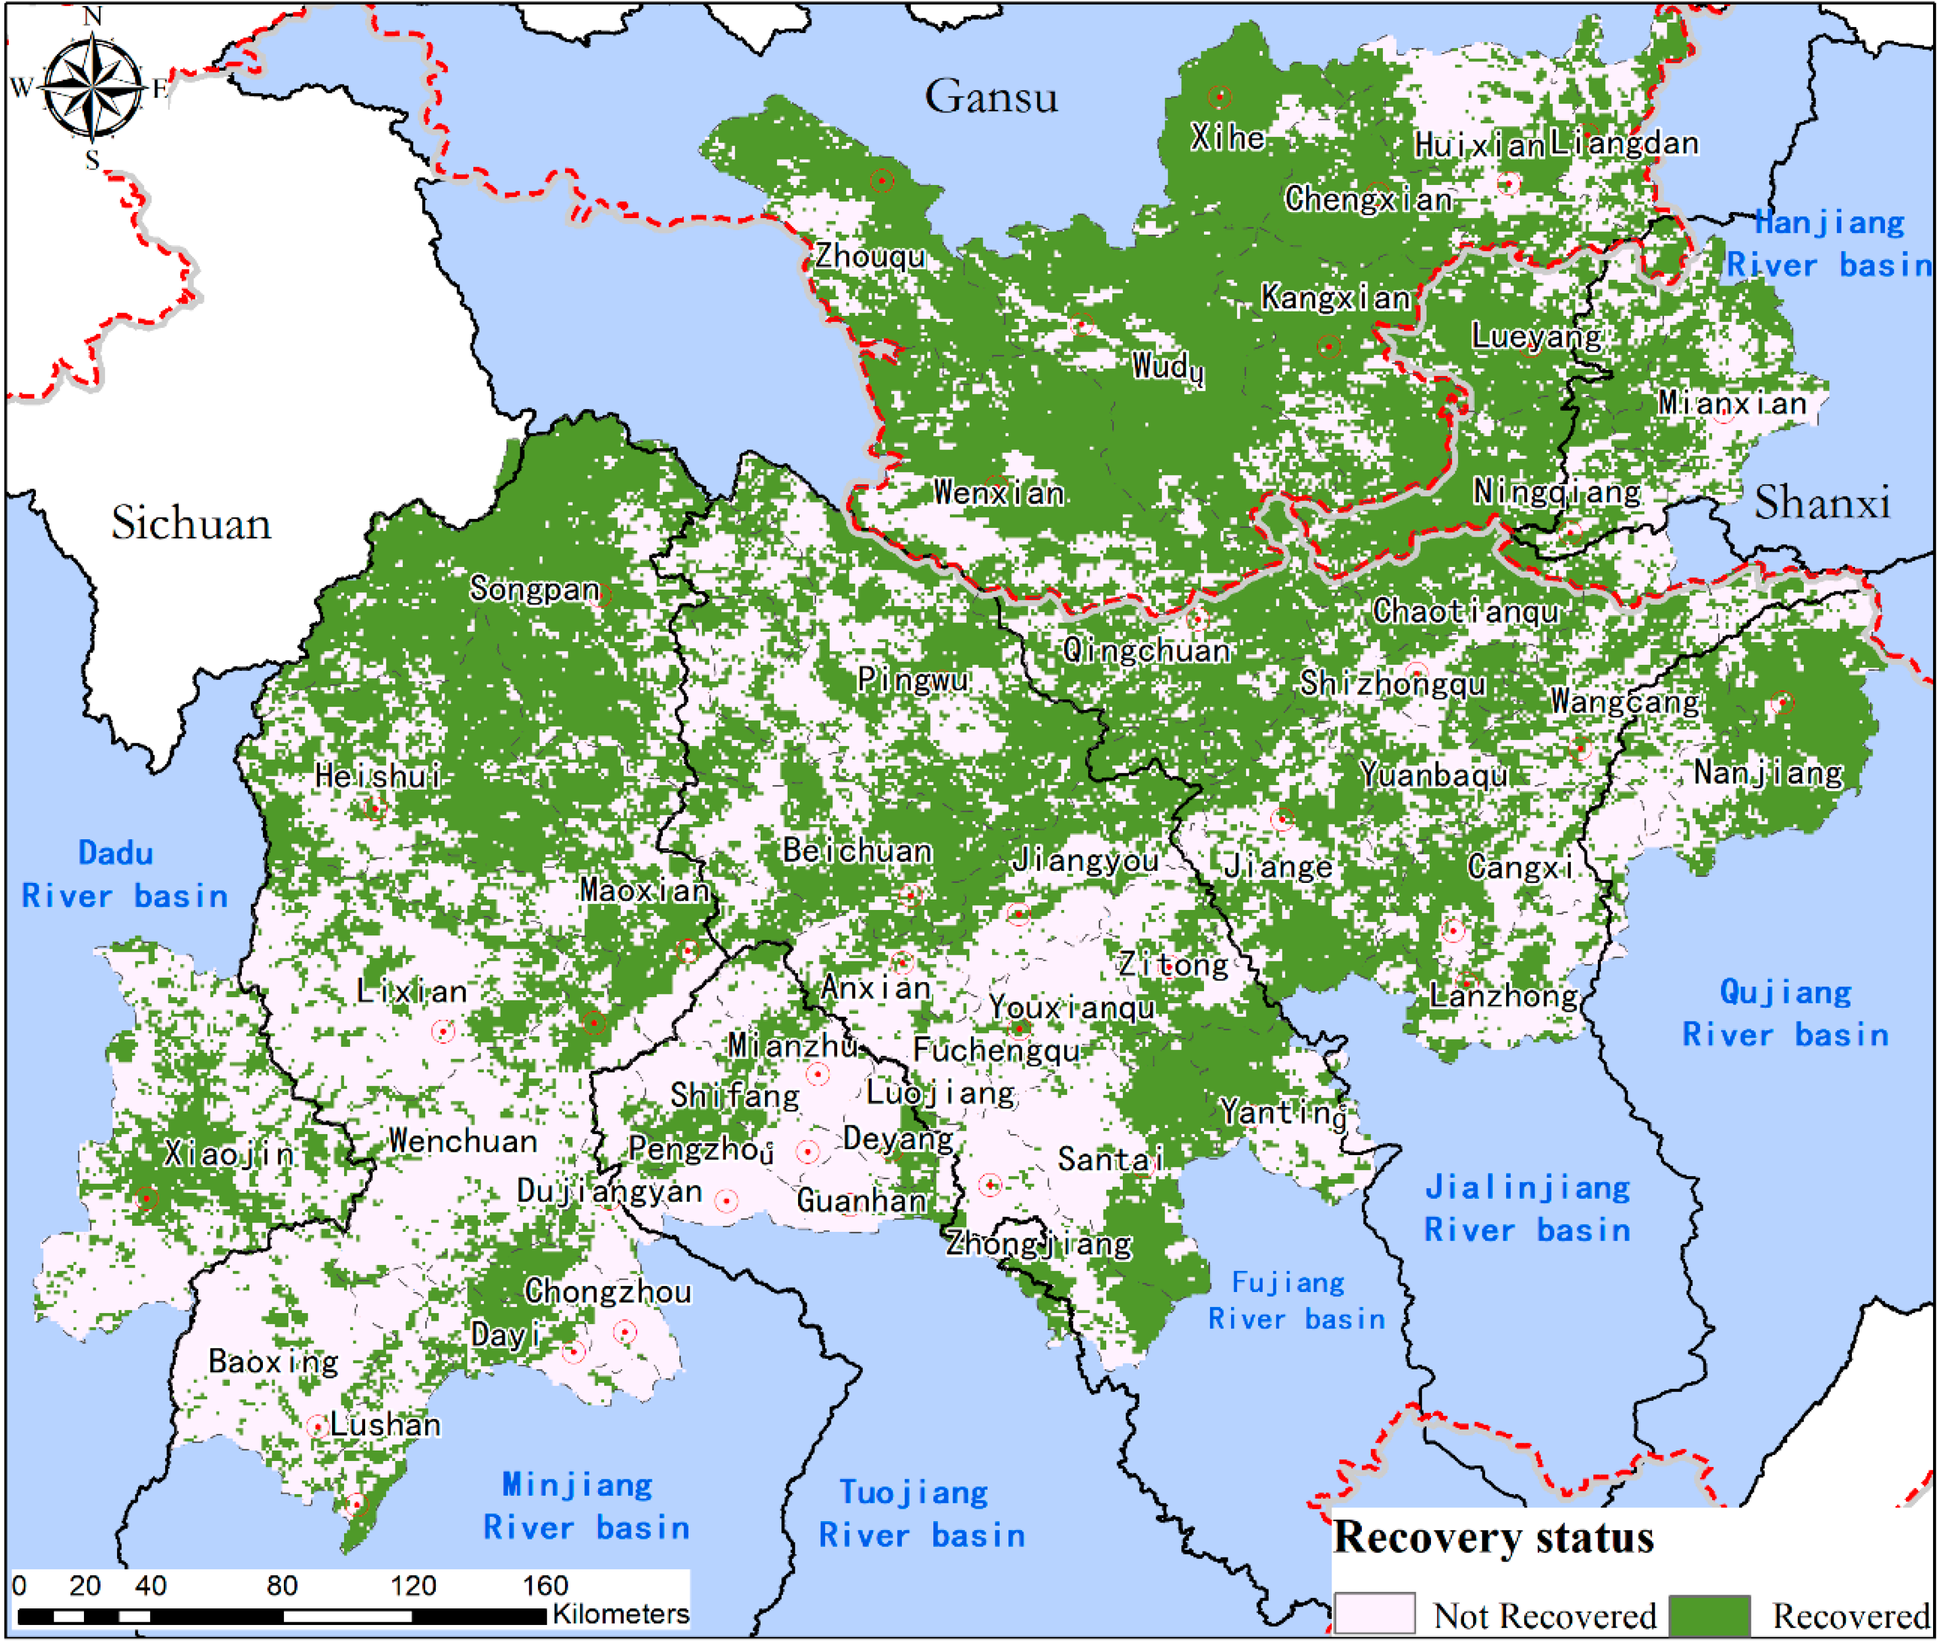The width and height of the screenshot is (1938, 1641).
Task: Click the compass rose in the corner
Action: (92, 88)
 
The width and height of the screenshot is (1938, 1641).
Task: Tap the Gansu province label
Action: (991, 97)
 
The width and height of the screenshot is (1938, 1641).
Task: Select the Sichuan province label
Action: (192, 523)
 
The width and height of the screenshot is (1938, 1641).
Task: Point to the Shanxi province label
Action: (1821, 503)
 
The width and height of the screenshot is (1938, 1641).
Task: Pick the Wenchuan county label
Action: (462, 1141)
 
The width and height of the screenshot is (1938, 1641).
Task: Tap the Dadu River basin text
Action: (124, 875)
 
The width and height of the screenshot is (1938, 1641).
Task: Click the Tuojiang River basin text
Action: (921, 1513)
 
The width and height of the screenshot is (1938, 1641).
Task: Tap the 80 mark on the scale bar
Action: (282, 1585)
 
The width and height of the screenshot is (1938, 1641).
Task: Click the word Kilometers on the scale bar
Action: (621, 1614)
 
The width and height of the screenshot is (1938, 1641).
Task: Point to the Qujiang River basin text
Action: (1784, 1013)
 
